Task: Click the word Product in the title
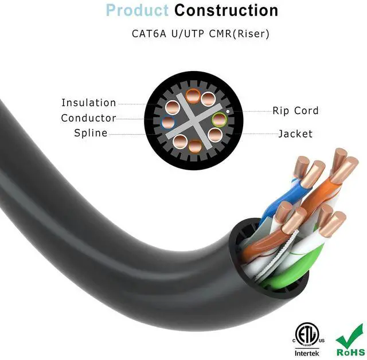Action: coord(137,10)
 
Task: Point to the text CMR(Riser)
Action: coord(240,33)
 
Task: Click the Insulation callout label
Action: coord(89,103)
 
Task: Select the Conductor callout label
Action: coord(89,118)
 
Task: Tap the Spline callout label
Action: coord(91,133)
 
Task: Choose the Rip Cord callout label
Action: coord(295,111)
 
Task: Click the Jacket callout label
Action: coord(295,134)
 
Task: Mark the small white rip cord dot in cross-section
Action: coord(228,111)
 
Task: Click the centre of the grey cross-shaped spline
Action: coord(193,121)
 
